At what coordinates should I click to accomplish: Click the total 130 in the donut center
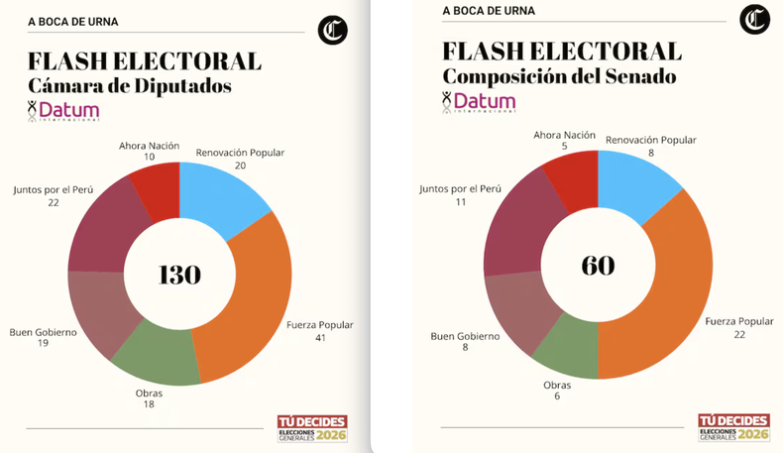point(179,275)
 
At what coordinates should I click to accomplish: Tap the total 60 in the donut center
point(598,265)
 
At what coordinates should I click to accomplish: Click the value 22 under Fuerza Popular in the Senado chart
point(738,334)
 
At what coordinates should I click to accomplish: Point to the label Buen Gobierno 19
point(43,338)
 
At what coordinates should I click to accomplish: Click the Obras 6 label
point(557,390)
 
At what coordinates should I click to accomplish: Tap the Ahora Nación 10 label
point(149,151)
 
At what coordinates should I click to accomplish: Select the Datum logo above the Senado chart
point(479,102)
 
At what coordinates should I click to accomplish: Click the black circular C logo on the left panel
point(333,31)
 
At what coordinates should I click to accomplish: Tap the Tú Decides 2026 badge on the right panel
point(732,427)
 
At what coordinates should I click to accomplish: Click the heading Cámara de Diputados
point(130,86)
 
